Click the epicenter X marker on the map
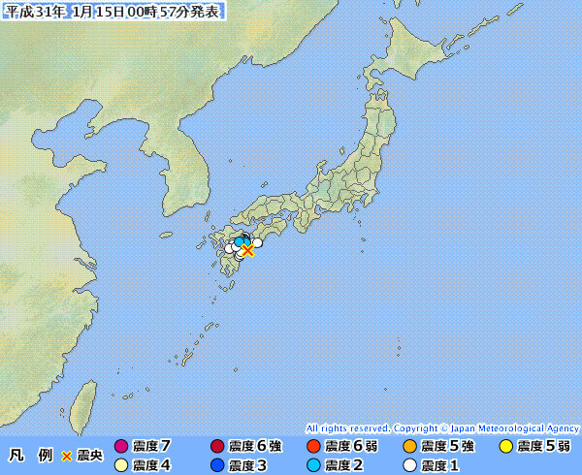(x=247, y=250)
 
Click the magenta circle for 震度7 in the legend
(x=121, y=447)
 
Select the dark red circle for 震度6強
(x=217, y=447)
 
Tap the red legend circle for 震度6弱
(x=313, y=447)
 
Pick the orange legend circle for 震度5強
(x=409, y=447)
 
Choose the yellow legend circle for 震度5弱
(x=505, y=447)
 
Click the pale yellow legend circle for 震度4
(x=121, y=465)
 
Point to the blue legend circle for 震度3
(x=217, y=465)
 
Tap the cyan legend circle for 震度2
(x=313, y=465)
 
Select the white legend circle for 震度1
(x=409, y=465)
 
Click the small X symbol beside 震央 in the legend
(x=67, y=456)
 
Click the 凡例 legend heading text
(x=30, y=456)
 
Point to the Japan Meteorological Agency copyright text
(x=442, y=427)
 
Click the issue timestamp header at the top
(x=113, y=11)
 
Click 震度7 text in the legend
(x=151, y=447)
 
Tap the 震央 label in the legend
(x=90, y=456)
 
